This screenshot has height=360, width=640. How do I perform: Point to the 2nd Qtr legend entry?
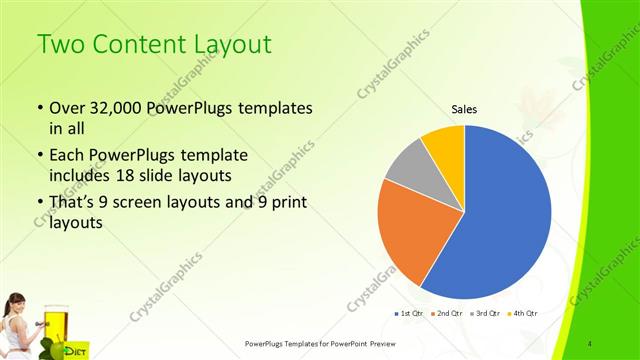click(446, 314)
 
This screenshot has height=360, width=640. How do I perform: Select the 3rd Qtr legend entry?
click(485, 314)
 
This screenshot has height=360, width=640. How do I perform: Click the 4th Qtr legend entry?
click(523, 314)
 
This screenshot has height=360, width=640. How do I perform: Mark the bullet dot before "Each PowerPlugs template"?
click(39, 156)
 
